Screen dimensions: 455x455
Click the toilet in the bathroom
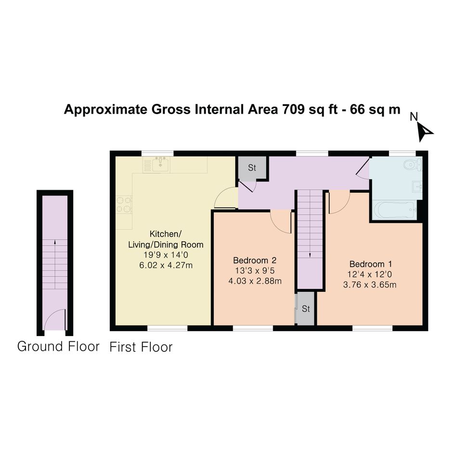412,165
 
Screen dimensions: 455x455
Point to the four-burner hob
124,205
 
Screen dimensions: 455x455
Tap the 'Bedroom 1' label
371,264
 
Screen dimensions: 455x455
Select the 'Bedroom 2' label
255,260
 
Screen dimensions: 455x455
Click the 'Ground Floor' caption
58,347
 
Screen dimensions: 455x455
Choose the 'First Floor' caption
141,347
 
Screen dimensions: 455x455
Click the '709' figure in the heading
293,110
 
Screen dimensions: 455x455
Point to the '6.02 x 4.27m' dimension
166,265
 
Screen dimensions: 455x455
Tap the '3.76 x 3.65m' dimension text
370,285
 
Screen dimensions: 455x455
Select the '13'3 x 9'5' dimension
255,271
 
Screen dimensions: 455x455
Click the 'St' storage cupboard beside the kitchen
252,168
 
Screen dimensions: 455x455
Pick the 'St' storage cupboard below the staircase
306,309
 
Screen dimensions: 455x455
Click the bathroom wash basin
417,186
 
